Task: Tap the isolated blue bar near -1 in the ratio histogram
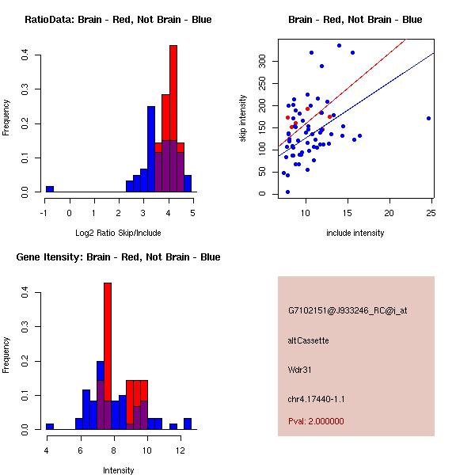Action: [x=49, y=189]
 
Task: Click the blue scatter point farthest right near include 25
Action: [x=428, y=118]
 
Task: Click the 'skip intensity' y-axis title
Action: [x=243, y=119]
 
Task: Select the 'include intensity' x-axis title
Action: [x=356, y=233]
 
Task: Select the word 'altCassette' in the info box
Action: [x=308, y=340]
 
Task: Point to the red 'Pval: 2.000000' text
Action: [x=316, y=421]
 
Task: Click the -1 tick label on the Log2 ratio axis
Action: [x=44, y=212]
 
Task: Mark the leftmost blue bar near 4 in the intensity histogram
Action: [x=49, y=426]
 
